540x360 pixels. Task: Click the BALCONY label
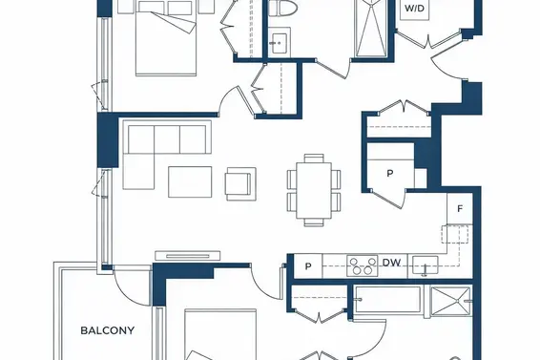pos(107,330)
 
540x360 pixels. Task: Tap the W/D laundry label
pos(414,9)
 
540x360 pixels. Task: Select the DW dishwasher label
pos(391,263)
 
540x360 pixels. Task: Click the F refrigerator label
pos(460,208)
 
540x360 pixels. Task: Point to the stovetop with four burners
pos(363,265)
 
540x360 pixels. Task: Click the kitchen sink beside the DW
pos(426,265)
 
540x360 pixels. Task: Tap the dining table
pos(314,190)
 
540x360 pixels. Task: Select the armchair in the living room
pos(240,183)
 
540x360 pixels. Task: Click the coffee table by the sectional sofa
pos(190,182)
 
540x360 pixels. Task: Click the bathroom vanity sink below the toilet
pos(279,43)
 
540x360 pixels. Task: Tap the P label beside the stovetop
pos(308,266)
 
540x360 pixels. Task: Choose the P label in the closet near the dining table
pos(390,173)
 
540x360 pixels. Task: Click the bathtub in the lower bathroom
pos(388,300)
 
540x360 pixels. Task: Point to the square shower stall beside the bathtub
pos(451,301)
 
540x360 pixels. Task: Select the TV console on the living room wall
pos(188,256)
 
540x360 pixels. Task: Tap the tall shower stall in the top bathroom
pos(371,29)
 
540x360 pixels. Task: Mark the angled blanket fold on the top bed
pos(174,23)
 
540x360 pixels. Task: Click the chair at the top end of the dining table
pos(314,158)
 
